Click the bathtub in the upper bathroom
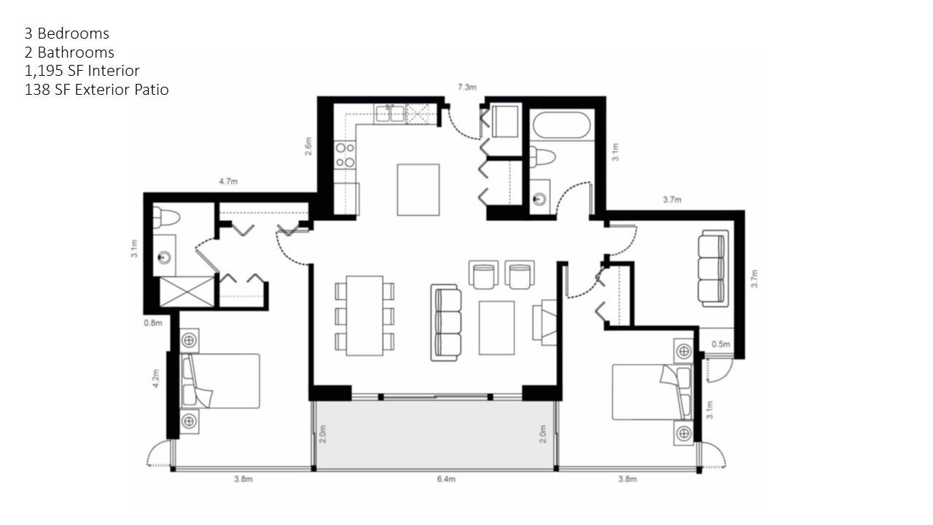click(x=564, y=125)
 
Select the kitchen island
click(x=418, y=190)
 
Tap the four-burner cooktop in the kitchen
click(x=345, y=155)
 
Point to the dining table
click(x=364, y=316)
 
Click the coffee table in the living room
click(x=496, y=327)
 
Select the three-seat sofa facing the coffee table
click(x=446, y=322)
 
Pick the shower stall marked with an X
click(x=187, y=292)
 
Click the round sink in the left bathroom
click(x=165, y=257)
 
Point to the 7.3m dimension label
click(x=466, y=87)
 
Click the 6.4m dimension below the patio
click(x=446, y=479)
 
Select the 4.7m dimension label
click(x=228, y=182)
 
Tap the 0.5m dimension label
click(x=720, y=344)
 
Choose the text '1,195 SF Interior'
click(x=82, y=71)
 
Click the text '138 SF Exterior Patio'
click(x=96, y=90)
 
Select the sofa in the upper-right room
click(x=712, y=268)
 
